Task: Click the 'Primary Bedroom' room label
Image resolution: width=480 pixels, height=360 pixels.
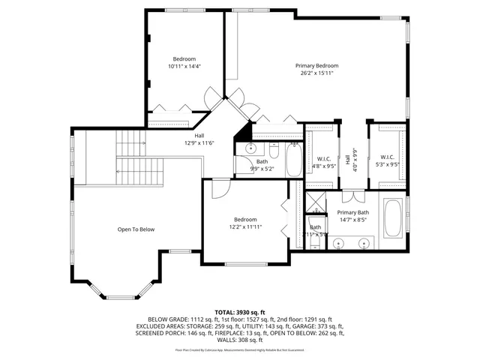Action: coord(316,65)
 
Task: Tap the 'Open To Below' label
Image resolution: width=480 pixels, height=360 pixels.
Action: coord(136,229)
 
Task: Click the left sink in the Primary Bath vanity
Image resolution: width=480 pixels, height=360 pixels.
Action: coord(338,242)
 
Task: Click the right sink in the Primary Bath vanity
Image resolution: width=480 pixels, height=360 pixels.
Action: coord(365,242)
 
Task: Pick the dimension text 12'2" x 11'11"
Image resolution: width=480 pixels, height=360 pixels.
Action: coord(245,227)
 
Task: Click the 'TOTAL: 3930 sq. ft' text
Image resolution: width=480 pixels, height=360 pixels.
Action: coord(239,311)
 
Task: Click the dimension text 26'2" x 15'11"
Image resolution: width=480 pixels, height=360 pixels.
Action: coord(316,73)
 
